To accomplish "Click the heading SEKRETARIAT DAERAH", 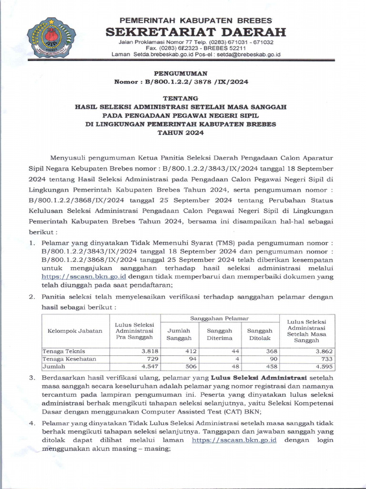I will (195, 32).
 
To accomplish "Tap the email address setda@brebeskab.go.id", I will (247, 54).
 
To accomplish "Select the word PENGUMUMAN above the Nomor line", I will (181, 74).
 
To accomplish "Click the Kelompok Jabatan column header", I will (75, 331).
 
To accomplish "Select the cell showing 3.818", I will (143, 351).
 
